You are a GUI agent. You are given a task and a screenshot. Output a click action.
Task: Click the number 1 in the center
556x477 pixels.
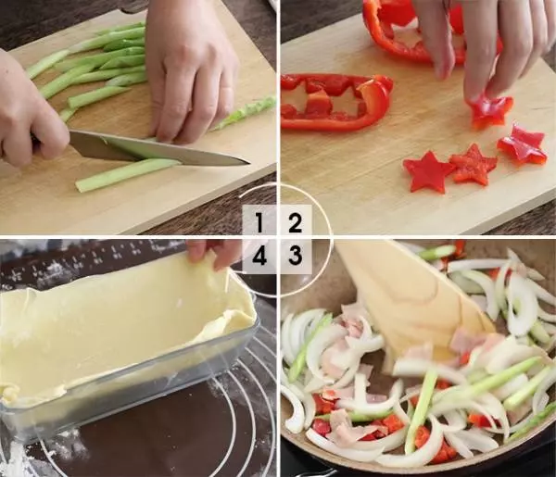(x=259, y=222)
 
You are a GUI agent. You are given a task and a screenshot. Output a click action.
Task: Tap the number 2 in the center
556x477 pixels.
(x=296, y=222)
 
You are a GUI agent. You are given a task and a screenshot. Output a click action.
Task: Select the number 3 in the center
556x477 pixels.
(x=296, y=255)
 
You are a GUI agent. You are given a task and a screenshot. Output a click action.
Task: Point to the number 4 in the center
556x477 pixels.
(x=259, y=256)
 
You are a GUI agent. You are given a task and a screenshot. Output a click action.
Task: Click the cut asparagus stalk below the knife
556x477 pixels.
(x=126, y=175)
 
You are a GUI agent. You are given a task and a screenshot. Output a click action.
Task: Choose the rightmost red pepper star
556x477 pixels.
(x=522, y=144)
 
